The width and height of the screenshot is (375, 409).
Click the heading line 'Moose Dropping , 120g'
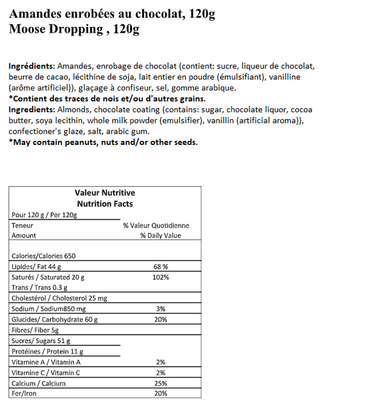coord(74,29)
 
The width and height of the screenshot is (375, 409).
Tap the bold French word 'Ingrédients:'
coord(32,67)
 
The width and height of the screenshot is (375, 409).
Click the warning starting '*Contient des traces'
coord(107,99)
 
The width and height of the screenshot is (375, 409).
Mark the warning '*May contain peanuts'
coord(103,142)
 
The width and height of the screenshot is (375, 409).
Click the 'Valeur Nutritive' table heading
coord(105,193)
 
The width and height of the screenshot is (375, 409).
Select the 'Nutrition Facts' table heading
coord(105,204)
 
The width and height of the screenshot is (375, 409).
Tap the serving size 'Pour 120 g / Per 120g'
coord(44,214)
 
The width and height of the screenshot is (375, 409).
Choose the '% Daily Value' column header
coord(160,235)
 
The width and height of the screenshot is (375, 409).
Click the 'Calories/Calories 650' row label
coord(43,256)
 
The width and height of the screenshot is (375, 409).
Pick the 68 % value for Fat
coord(160,266)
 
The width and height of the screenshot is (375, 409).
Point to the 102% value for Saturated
coord(160,277)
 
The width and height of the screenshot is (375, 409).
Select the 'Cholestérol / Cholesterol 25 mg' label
coord(59,298)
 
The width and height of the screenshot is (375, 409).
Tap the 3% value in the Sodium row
coord(160,309)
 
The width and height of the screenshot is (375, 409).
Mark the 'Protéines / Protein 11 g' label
coord(47,351)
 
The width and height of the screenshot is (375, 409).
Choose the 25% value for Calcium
coord(160,383)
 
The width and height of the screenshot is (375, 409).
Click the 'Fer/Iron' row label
coord(24,394)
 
